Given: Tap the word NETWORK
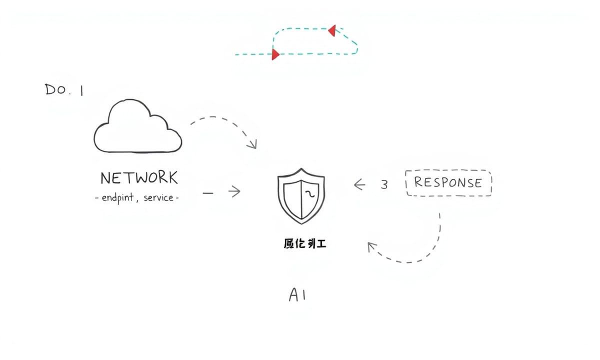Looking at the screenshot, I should point(139,178).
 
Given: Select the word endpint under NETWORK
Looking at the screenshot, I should point(117,197).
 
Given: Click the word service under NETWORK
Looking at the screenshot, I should point(158,197).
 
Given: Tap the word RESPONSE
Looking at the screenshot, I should point(448,182).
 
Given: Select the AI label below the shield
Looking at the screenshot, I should point(297,295).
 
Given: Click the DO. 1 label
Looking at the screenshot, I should point(64,90).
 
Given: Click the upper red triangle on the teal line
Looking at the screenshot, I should point(331,31).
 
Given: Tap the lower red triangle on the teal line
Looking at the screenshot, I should point(275,54).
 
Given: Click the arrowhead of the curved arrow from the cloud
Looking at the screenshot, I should point(253,145).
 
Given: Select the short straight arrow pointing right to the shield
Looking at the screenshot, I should point(234,191).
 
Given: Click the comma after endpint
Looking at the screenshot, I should point(136,200).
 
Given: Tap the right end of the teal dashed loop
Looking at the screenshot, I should point(356,47).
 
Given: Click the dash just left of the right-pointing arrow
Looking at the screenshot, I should point(209,191).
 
